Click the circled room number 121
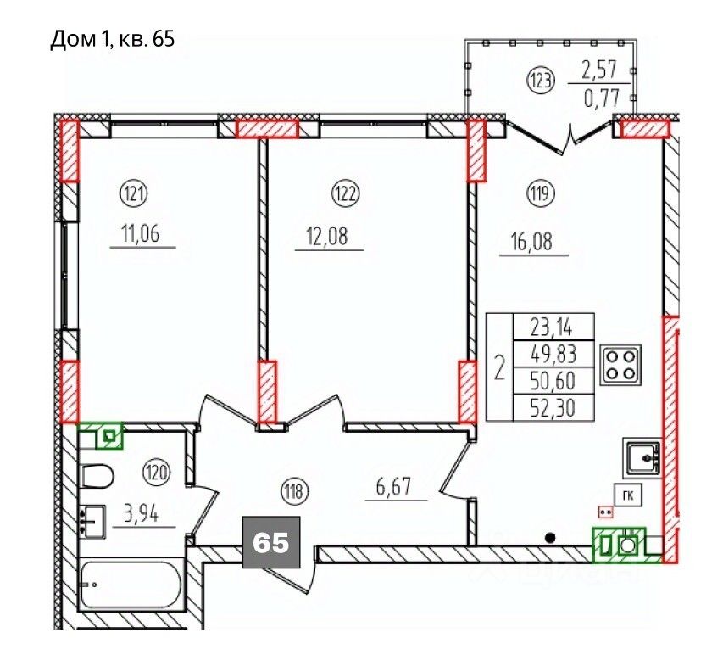coord(134,193)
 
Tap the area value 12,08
coord(327,236)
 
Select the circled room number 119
coord(541,193)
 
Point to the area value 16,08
coord(531,241)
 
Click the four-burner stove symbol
coord(620,365)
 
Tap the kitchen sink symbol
coord(642,458)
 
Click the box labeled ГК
coord(627,495)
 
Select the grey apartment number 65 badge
coord(271,542)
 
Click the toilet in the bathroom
coord(97,476)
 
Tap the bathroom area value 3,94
coord(141,512)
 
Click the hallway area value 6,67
coord(393,486)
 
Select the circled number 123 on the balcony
coord(541,81)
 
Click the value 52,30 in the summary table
coord(553,408)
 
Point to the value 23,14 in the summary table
coord(552,327)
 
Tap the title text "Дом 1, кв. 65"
coord(112,39)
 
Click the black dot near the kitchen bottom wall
coord(550,538)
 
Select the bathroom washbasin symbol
coord(93,522)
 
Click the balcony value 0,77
coord(602,98)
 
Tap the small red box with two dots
coord(605,512)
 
